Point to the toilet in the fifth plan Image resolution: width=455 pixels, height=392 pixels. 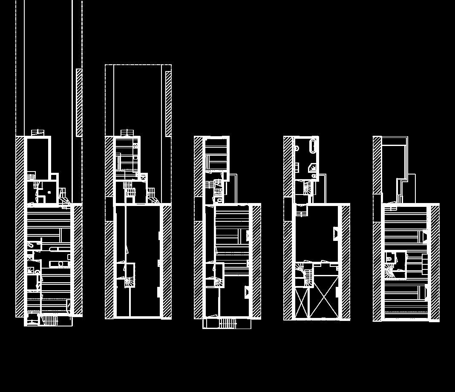[389, 258]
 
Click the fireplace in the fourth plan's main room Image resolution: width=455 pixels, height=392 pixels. [336, 233]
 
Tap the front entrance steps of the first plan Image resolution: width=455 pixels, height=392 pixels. [50, 320]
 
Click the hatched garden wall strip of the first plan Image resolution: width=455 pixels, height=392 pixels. [79, 102]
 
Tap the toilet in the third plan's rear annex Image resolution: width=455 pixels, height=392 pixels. [219, 200]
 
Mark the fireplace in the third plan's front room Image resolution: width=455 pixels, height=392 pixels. [247, 292]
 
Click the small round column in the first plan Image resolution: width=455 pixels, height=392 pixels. [49, 192]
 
